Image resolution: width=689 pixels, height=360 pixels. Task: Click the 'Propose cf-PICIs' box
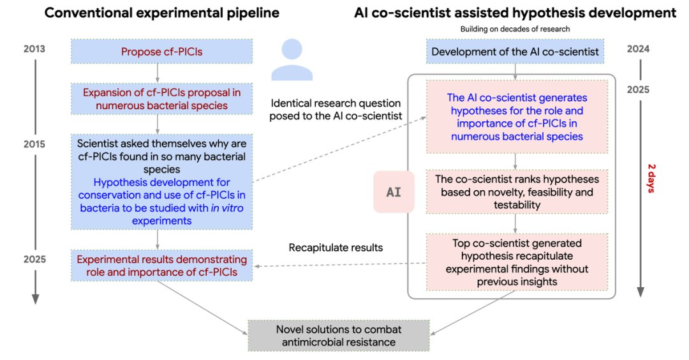pos(161,52)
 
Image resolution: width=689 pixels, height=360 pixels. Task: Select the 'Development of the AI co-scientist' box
pos(515,52)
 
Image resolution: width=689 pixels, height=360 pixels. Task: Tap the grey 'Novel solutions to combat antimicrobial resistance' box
pos(338,335)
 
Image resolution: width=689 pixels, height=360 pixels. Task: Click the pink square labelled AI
pos(394,192)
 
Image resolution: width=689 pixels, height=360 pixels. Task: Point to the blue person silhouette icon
pos(292,59)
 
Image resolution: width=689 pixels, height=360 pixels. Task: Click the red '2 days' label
pos(651,179)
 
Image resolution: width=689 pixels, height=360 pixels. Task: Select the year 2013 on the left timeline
pos(34,49)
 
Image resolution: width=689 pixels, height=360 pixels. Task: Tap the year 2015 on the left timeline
pos(34,144)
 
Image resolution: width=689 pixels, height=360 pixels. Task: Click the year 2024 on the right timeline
pos(638,49)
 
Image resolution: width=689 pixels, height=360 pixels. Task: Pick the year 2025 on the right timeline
pos(638,89)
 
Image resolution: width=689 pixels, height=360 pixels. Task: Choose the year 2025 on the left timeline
pos(34,259)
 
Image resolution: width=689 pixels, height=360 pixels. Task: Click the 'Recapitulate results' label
pos(336,248)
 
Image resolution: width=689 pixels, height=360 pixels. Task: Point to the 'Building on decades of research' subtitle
pos(515,29)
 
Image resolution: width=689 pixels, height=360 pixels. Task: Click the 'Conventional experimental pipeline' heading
pos(161,13)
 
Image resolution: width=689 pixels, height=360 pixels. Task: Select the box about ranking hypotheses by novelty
pos(517,191)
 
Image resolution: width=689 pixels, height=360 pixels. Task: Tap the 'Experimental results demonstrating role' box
pos(161,266)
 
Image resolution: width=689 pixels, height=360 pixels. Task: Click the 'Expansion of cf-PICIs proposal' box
pos(161,99)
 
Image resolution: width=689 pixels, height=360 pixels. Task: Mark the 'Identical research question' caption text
pos(336,109)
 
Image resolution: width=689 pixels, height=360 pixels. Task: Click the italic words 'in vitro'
pos(226,208)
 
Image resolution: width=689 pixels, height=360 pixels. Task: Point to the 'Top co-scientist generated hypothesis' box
pos(517,262)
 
